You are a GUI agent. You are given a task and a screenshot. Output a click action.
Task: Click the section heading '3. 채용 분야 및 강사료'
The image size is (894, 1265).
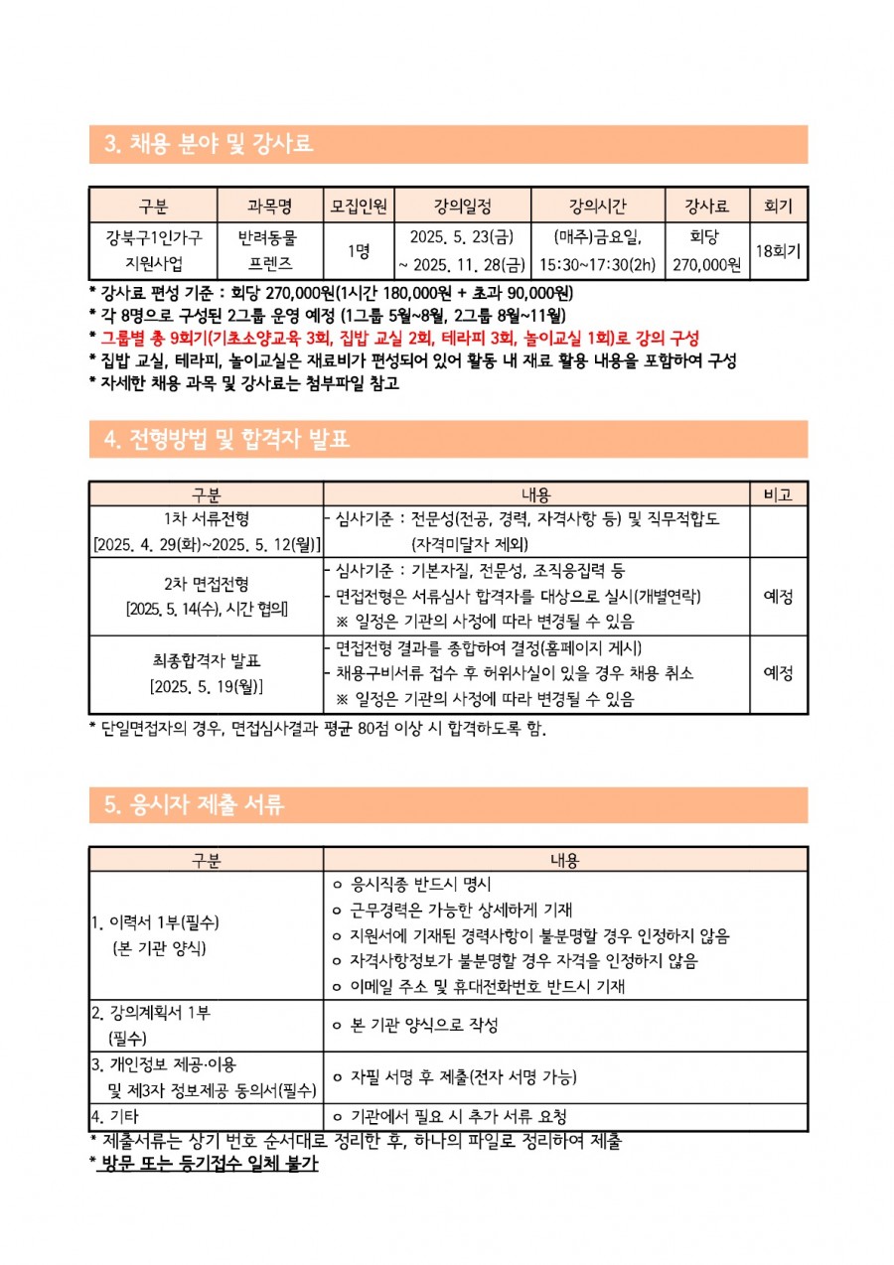click(x=209, y=145)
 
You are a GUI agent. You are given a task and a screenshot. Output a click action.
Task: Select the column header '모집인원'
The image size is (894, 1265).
click(x=362, y=208)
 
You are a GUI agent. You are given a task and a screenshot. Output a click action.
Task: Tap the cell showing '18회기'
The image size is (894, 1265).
click(x=778, y=251)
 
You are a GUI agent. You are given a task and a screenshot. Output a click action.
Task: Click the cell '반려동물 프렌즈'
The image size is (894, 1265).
click(x=269, y=250)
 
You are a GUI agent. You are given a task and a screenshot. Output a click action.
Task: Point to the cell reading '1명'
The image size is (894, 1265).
click(x=362, y=251)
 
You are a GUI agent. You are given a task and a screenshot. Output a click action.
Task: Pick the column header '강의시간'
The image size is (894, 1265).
click(x=597, y=208)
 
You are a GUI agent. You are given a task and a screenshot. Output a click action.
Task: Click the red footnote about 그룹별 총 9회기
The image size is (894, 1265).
click(x=397, y=339)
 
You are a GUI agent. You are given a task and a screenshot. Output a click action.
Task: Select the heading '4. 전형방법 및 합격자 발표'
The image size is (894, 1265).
click(x=227, y=439)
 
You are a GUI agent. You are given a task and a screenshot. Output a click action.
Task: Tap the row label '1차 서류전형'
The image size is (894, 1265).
click(x=207, y=518)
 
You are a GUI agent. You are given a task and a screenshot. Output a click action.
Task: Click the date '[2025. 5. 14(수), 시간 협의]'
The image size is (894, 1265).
click(x=207, y=609)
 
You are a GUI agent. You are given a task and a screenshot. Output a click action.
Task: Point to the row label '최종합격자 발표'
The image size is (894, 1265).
click(x=207, y=660)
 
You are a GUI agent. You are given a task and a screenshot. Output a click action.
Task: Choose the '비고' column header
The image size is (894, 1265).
click(x=778, y=494)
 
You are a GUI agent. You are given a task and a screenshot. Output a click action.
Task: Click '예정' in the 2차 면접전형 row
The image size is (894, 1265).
click(x=778, y=597)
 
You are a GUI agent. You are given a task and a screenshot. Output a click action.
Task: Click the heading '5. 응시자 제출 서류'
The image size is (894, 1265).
click(x=194, y=805)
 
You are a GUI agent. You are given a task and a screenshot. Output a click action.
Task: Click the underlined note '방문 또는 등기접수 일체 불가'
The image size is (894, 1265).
click(x=208, y=1163)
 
